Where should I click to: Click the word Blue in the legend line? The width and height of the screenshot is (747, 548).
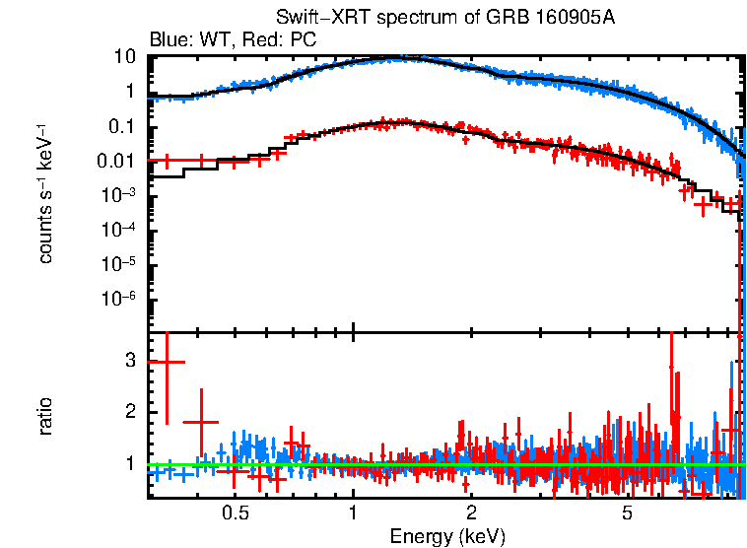169,39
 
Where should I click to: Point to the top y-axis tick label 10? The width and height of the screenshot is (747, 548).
124,56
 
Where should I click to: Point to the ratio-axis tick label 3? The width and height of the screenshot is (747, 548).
129,361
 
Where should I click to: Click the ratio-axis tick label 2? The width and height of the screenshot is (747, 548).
129,412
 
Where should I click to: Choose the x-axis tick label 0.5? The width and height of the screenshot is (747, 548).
235,514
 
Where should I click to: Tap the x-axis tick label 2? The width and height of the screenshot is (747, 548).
472,514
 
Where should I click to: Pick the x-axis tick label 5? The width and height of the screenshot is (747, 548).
627,514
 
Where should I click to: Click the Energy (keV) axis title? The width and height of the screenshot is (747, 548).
446,536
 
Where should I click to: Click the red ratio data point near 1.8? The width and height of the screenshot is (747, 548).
201,422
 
